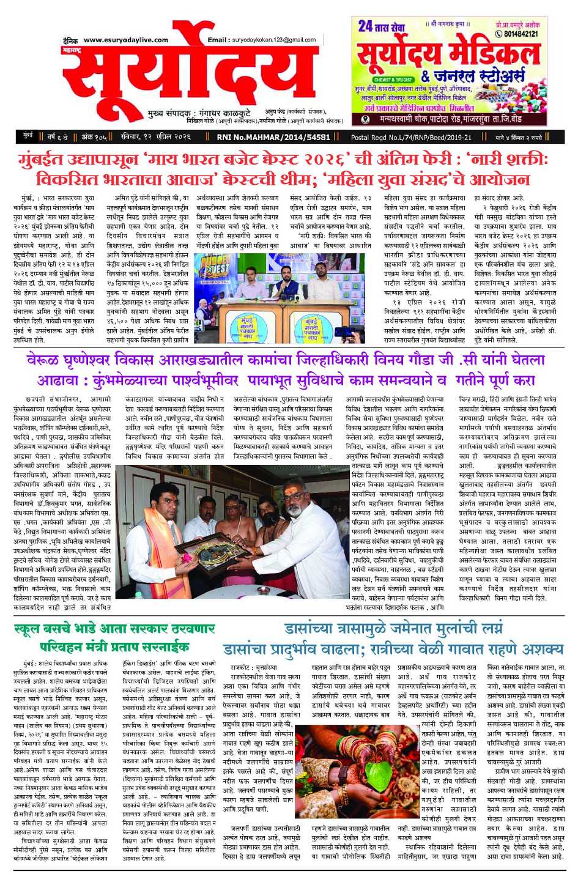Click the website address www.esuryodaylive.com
coord(125,40)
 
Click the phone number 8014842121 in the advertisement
coord(517,34)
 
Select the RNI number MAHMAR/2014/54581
coord(273,137)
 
